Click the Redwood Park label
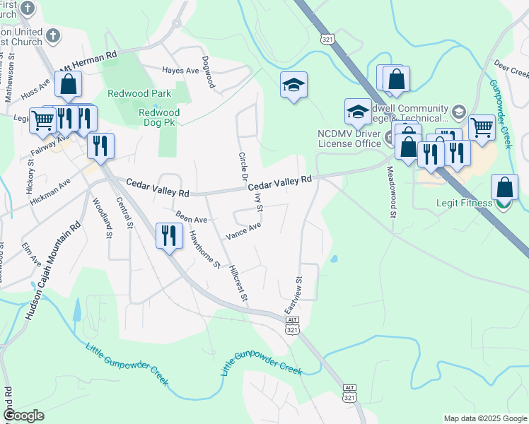point(129,93)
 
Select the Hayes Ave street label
point(180,71)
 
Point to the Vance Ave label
point(243,230)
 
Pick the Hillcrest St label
point(238,284)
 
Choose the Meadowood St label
point(390,192)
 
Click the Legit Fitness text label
point(464,204)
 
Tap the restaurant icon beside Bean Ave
point(168,235)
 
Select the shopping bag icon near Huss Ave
point(69,85)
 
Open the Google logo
point(24,416)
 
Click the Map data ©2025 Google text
point(484,418)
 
